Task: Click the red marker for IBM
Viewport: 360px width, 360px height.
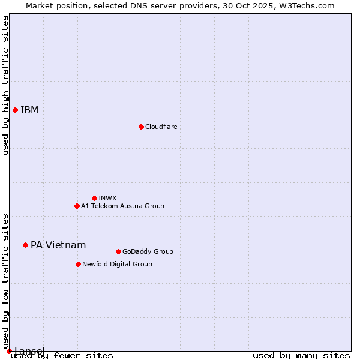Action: [15, 110]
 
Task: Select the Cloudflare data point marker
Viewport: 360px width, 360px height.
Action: [141, 127]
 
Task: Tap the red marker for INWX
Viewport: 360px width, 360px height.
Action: [94, 198]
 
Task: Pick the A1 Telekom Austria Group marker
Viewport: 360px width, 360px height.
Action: [77, 206]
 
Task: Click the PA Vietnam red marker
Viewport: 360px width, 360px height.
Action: [25, 245]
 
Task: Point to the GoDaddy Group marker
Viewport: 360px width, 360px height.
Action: [118, 251]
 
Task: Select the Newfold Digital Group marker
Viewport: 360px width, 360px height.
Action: [78, 264]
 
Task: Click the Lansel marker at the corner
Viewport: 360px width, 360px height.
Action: [9, 351]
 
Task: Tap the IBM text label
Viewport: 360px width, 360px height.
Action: [29, 110]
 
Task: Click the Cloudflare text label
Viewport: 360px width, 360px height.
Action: [161, 127]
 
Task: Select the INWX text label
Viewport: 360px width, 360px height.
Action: [107, 198]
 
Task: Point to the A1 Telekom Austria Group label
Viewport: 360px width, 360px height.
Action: [122, 206]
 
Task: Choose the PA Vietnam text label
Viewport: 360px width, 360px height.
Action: [58, 245]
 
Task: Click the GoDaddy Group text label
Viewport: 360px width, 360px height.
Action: [148, 251]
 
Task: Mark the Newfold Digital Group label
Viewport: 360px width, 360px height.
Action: [117, 264]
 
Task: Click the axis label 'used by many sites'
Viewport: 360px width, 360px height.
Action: [301, 355]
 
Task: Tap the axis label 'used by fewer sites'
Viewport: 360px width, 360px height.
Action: [62, 355]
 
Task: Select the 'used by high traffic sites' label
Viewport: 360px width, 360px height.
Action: [5, 85]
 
